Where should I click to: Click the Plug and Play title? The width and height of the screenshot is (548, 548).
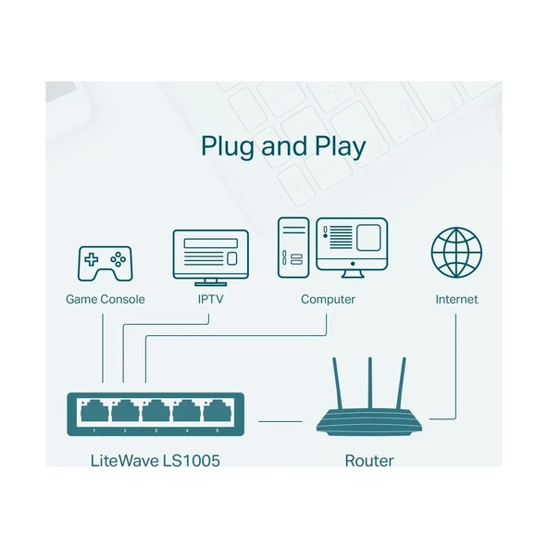(x=282, y=147)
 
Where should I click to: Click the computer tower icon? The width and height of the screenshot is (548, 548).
(x=292, y=247)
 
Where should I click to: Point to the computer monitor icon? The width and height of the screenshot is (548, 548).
(x=352, y=245)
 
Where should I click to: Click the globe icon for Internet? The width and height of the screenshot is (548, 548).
(x=456, y=252)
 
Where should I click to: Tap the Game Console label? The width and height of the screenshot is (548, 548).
(x=105, y=300)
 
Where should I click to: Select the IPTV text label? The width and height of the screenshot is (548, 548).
(x=210, y=300)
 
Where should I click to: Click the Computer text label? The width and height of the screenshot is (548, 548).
(x=328, y=300)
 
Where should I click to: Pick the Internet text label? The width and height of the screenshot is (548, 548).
(x=456, y=300)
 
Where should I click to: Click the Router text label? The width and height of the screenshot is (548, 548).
(x=368, y=460)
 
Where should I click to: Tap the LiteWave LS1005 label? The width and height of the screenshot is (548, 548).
(x=156, y=460)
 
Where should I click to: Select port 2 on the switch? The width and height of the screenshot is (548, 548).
(x=126, y=410)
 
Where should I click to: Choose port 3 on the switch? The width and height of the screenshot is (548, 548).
(x=156, y=410)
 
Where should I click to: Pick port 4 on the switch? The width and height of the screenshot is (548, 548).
(x=187, y=410)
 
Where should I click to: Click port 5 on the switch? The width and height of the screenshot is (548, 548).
(x=218, y=410)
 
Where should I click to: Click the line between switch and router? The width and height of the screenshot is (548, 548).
(x=280, y=421)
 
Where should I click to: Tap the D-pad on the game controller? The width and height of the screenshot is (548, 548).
(x=91, y=259)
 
